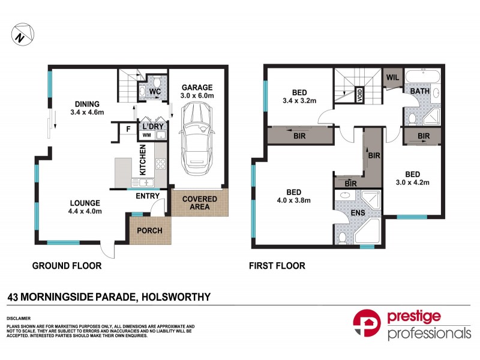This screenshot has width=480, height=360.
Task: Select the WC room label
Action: point(154,92)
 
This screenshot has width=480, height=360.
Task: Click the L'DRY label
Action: point(153,127)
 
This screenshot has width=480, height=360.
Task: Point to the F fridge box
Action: point(128,128)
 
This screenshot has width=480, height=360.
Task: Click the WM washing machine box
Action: point(146,136)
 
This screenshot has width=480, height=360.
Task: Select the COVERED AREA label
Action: point(200,203)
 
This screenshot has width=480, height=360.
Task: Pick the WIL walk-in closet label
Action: point(392,78)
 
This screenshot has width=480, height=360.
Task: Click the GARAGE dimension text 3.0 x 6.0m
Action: point(197,96)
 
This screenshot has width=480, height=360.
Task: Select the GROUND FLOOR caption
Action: point(67,266)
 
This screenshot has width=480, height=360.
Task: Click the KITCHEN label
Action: point(143,160)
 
